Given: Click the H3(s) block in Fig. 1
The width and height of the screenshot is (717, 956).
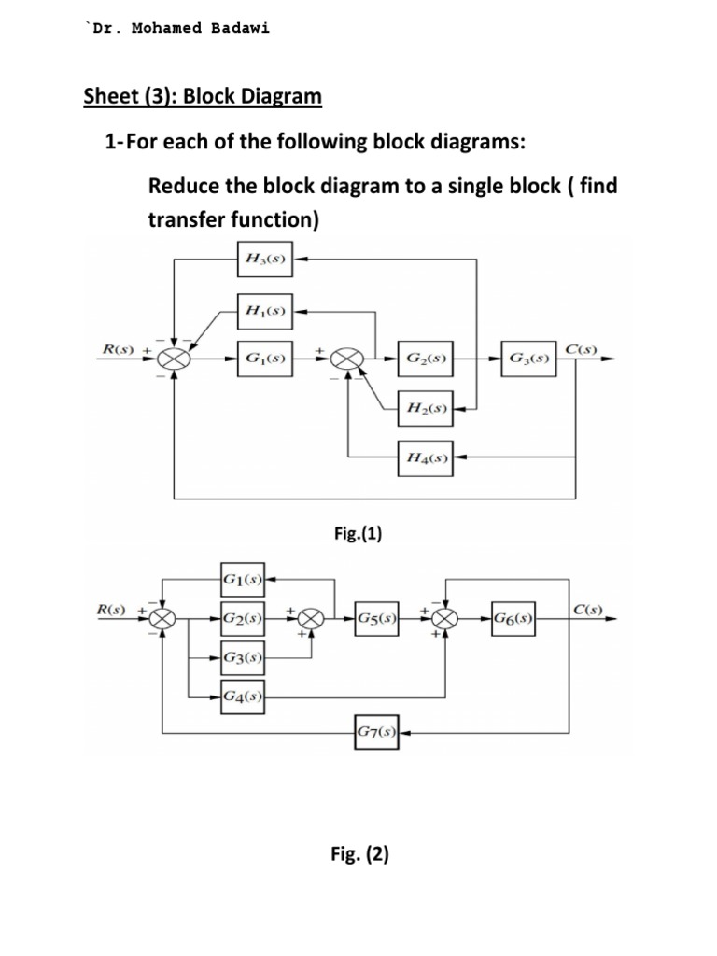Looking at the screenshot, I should click(264, 260).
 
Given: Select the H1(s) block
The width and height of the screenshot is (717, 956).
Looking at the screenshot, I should click(264, 311).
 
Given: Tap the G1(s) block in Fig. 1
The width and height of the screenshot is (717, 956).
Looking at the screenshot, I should click(264, 358).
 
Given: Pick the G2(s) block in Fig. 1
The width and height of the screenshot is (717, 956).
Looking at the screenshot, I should click(426, 358).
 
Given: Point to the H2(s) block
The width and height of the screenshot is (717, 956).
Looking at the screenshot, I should click(426, 408).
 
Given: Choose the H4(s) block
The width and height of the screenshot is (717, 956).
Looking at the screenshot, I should click(426, 457).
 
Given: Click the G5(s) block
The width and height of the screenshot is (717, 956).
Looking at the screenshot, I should click(377, 618).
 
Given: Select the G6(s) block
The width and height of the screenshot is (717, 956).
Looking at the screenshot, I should click(513, 618).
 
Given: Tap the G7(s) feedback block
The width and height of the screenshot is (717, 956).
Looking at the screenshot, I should click(377, 732).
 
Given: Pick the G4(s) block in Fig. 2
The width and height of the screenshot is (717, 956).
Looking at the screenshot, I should click(242, 695).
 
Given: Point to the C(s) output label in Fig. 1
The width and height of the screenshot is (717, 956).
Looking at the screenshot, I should click(586, 348).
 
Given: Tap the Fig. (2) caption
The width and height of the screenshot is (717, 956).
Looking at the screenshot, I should click(360, 852).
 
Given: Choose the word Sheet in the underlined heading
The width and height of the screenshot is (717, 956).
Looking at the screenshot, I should click(105, 96).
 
